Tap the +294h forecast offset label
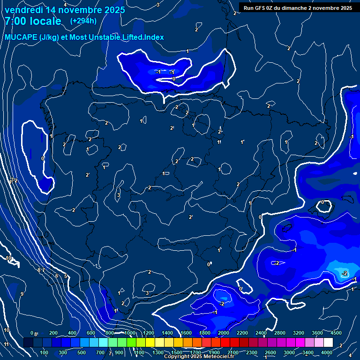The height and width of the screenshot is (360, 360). pyautogui.click(x=83, y=21)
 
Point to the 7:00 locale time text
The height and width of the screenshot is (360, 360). pyautogui.click(x=33, y=21)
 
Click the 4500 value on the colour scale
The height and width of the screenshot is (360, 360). pyautogui.click(x=336, y=333)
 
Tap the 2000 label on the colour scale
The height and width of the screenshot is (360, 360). pyautogui.click(x=224, y=333)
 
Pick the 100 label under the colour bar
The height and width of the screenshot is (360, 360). pyautogui.click(x=44, y=352)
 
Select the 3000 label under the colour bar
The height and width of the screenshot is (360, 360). pyautogui.click(x=289, y=352)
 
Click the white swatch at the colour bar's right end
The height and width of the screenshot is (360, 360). pyautogui.click(x=328, y=343)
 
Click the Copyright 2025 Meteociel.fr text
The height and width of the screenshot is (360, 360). pyautogui.click(x=199, y=357)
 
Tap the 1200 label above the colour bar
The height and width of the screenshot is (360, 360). pyautogui.click(x=149, y=333)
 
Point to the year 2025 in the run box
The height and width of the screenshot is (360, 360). pyautogui.click(x=346, y=7)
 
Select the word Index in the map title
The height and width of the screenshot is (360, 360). pyautogui.click(x=154, y=37)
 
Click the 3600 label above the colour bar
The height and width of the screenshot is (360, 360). pyautogui.click(x=317, y=333)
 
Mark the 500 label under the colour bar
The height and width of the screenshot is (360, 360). pyautogui.click(x=82, y=352)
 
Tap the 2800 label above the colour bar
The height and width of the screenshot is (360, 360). pyautogui.click(x=280, y=333)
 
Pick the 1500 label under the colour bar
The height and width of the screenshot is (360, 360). pyautogui.click(x=176, y=352)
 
